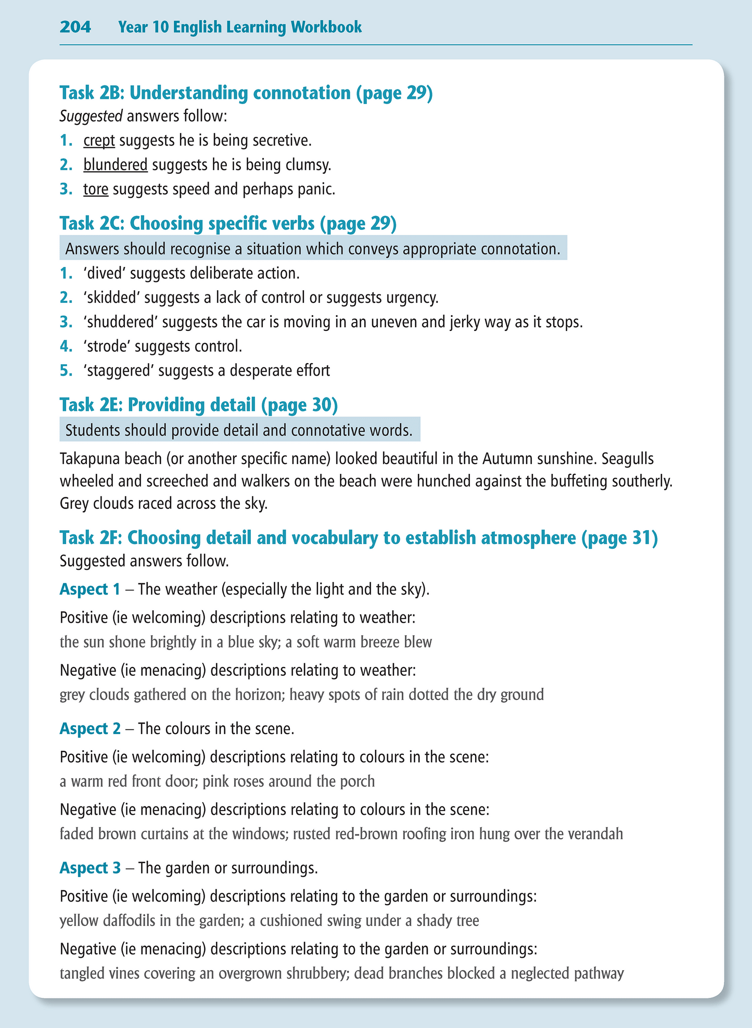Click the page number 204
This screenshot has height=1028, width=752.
75,27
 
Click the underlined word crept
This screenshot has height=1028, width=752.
99,140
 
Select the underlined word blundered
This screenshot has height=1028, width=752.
116,165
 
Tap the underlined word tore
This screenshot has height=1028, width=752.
96,189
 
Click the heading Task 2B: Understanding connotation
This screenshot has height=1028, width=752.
246,93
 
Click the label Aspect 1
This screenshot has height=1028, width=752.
90,589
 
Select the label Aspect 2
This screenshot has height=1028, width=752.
90,728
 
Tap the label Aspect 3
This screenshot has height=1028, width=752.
90,868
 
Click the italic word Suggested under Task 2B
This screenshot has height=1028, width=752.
91,115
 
